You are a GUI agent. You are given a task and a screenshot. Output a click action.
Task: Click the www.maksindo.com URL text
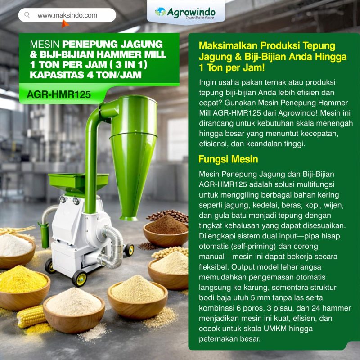pyautogui.click(x=67, y=15)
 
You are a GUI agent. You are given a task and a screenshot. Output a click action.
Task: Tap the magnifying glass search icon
pyautogui.click(x=27, y=15)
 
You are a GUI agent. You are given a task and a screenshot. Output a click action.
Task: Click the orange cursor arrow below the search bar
pyautogui.click(x=65, y=23)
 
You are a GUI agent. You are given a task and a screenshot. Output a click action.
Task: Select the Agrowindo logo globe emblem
pyautogui.click(x=160, y=12)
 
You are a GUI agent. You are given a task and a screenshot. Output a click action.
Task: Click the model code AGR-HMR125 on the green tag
pyautogui.click(x=59, y=94)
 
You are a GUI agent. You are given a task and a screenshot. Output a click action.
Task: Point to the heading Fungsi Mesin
pyautogui.click(x=228, y=159)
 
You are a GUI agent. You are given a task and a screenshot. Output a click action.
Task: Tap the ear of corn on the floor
pyautogui.click(x=31, y=316)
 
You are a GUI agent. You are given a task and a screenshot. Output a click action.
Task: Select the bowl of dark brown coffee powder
pyautogui.click(x=166, y=232)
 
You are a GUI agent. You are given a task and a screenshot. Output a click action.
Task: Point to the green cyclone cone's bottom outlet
pyautogui.click(x=129, y=218)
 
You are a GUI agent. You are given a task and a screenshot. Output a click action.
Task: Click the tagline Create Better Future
pyautogui.click(x=199, y=18)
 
